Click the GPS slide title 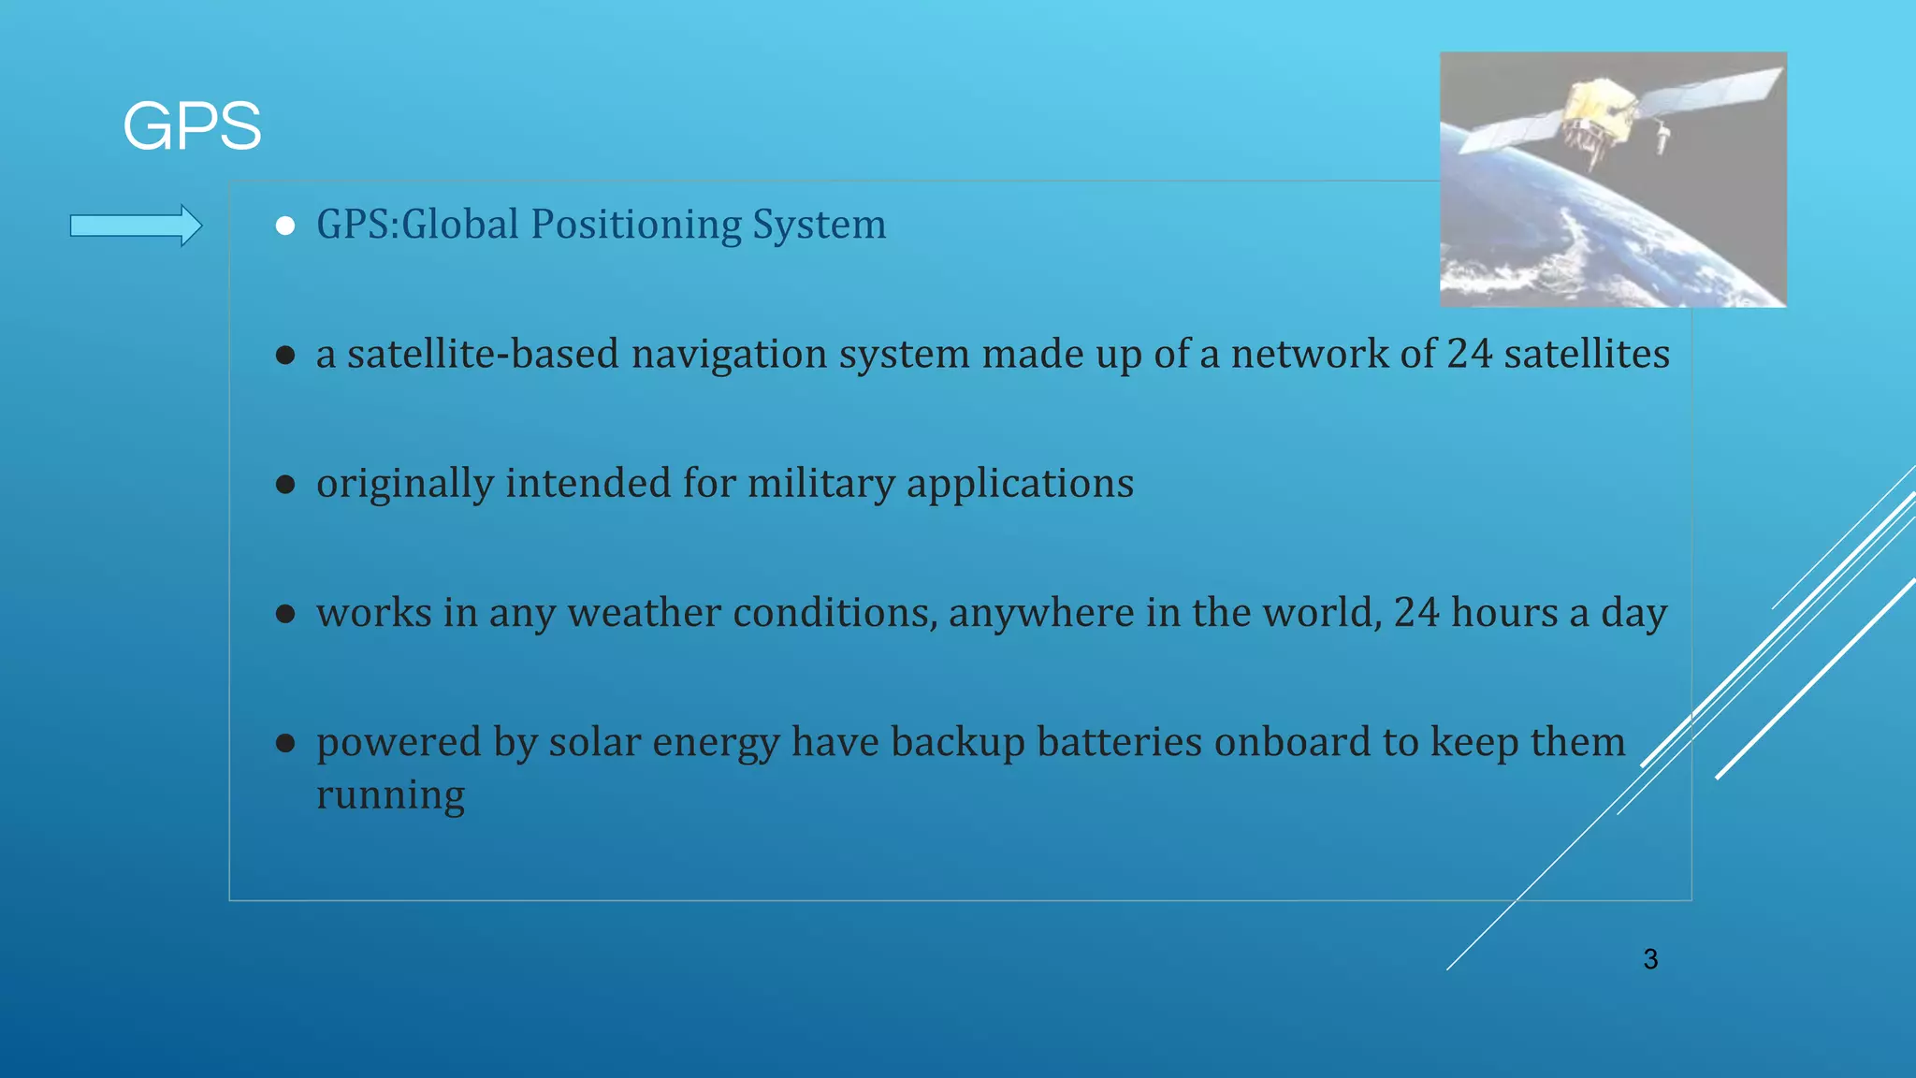click(x=192, y=126)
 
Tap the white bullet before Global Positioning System click(x=285, y=226)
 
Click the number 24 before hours click(x=1415, y=613)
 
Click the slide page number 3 click(x=1650, y=959)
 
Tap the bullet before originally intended click(x=285, y=485)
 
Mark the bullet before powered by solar click(x=285, y=744)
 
